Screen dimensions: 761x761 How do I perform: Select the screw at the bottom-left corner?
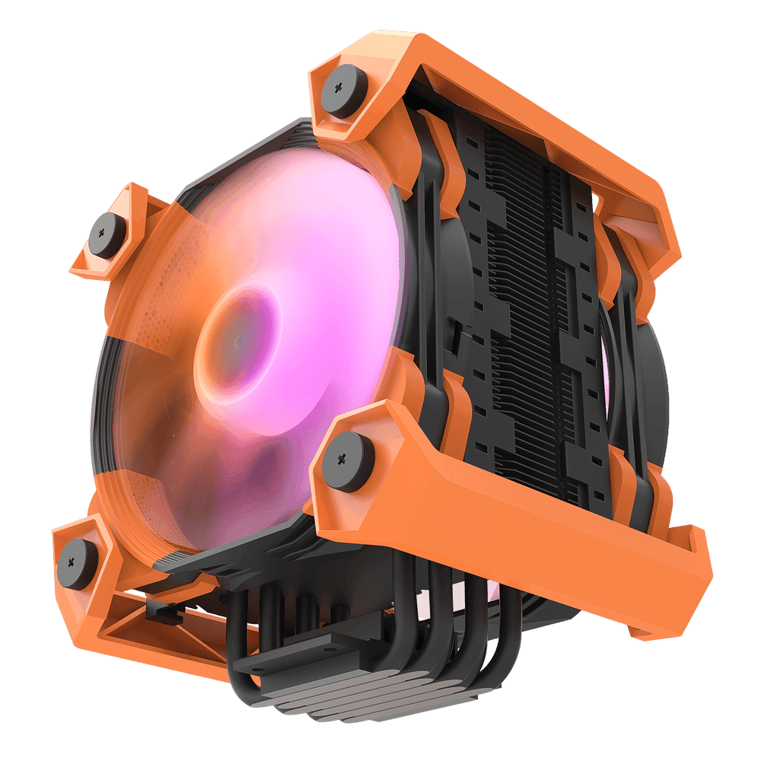pyautogui.click(x=78, y=562)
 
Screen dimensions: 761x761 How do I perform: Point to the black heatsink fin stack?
pyautogui.click(x=525, y=304)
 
